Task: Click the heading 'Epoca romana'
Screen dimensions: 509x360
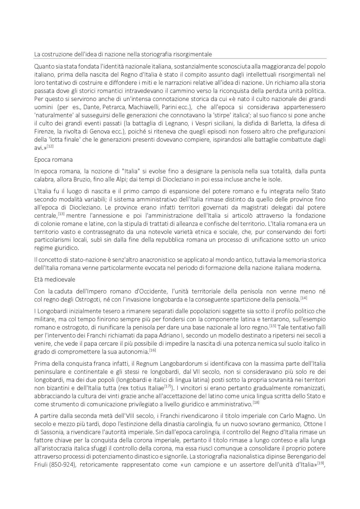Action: point(53,160)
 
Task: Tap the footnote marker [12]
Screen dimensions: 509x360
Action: point(50,146)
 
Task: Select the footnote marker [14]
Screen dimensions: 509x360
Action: point(303,298)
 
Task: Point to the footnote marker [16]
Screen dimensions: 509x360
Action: point(152,350)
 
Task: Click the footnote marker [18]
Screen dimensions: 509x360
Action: point(256,403)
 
